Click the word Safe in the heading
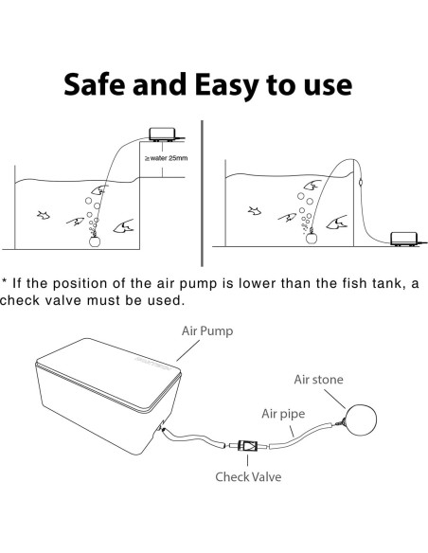click(94, 84)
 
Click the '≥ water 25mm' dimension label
click(166, 158)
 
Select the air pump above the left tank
click(163, 134)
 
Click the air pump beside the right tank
click(405, 239)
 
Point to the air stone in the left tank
click(95, 241)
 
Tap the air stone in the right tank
click(312, 238)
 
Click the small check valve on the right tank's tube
click(360, 183)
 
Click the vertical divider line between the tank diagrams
click(202, 193)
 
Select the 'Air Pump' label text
click(207, 331)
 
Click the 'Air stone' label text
click(318, 380)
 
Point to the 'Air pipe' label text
click(283, 414)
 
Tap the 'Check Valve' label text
click(248, 477)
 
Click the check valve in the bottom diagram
click(247, 446)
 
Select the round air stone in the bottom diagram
click(362, 419)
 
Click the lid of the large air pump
click(109, 374)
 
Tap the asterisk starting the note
click(4, 281)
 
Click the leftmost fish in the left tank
click(44, 215)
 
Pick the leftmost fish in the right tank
click(255, 211)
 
